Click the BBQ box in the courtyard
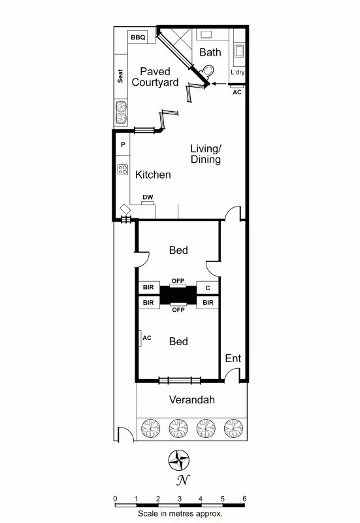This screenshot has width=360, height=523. click(138, 37)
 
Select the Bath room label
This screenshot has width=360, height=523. click(210, 52)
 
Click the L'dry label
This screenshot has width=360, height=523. click(237, 73)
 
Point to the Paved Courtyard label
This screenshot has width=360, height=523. click(155, 76)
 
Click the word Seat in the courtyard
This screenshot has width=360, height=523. click(121, 76)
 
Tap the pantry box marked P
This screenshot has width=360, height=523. click(122, 144)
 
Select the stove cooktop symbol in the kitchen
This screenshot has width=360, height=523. click(122, 170)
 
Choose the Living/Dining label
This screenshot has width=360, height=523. click(205, 154)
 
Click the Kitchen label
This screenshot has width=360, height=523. click(153, 175)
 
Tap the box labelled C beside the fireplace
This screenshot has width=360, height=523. click(208, 288)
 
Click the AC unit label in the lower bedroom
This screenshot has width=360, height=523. click(146, 337)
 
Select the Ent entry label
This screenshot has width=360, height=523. click(233, 358)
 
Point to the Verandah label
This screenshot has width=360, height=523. click(191, 399)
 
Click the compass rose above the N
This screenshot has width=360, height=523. click(178, 461)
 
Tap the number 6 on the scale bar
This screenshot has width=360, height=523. click(244, 498)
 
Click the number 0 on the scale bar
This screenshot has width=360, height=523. click(115, 498)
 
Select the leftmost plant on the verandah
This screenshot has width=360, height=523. click(150, 428)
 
